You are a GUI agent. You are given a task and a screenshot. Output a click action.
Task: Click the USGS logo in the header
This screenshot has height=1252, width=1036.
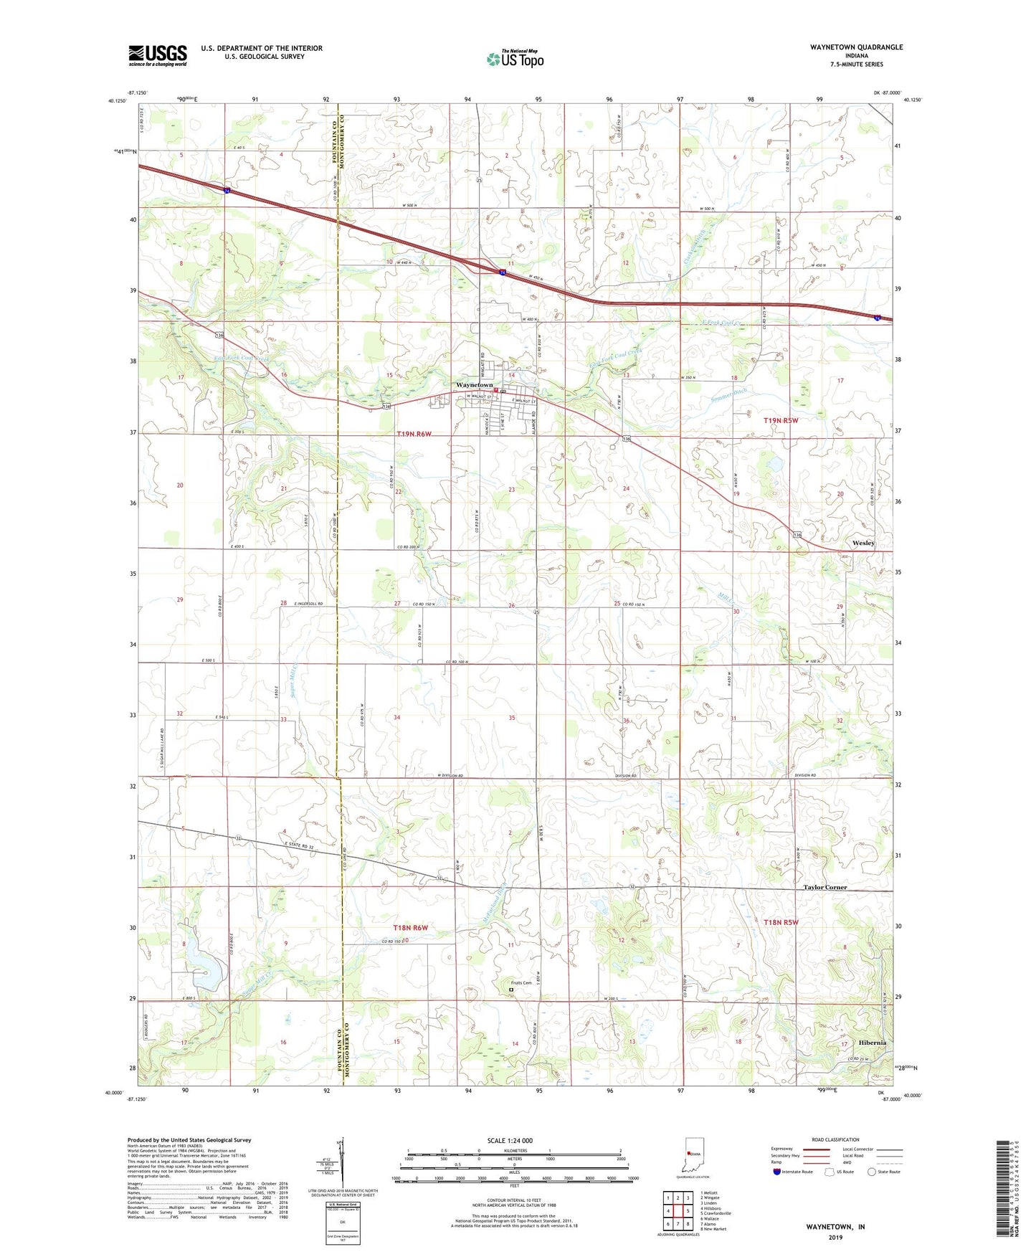click(x=158, y=55)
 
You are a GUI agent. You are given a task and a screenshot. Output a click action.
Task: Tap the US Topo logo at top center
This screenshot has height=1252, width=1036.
click(x=515, y=59)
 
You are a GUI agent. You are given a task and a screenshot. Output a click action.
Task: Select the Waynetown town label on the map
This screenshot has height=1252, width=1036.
click(x=475, y=385)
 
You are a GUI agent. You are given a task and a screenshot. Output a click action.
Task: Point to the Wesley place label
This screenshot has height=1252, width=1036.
click(x=863, y=543)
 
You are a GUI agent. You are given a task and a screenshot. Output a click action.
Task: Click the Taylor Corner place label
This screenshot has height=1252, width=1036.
click(x=824, y=887)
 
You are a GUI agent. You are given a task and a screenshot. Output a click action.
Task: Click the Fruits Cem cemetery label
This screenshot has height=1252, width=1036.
click(x=521, y=983)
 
